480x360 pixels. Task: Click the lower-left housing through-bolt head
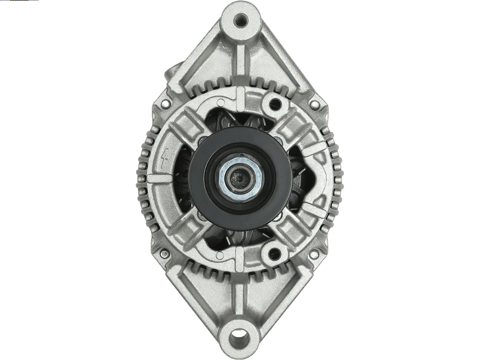pyautogui.click(x=164, y=254)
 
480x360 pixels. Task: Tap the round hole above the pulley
pyautogui.click(x=274, y=104)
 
